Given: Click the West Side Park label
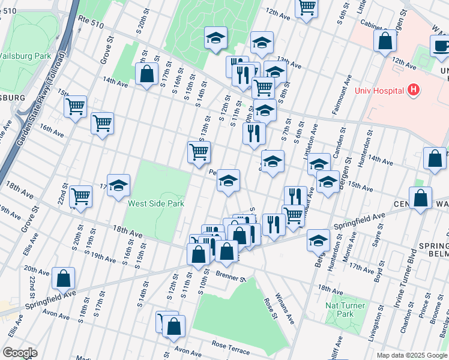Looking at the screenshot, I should (x=155, y=203).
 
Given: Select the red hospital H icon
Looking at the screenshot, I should (x=412, y=90).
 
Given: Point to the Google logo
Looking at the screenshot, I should (x=20, y=353).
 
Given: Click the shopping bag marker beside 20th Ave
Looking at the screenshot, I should (x=63, y=279).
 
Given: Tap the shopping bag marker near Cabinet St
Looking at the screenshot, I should (x=385, y=41).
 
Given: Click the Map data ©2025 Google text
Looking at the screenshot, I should (x=412, y=355).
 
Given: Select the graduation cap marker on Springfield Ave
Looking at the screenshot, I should (x=318, y=241).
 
